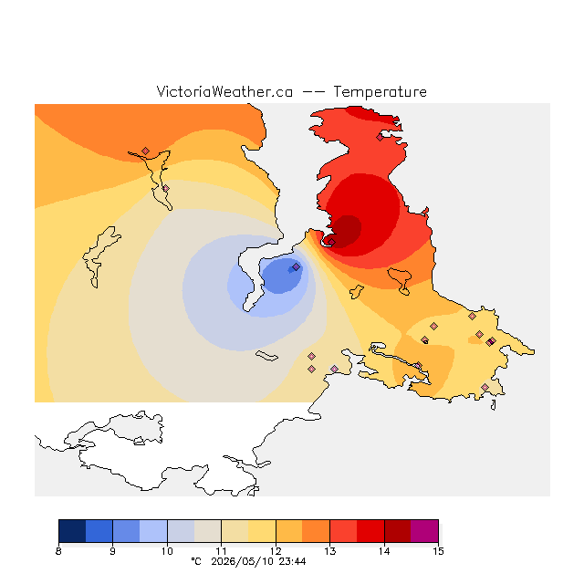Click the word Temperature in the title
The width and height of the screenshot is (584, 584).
(380, 92)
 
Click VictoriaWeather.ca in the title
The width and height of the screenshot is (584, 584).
(224, 92)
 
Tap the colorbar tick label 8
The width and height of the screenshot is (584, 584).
(58, 551)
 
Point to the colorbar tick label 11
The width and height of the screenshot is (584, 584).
(221, 551)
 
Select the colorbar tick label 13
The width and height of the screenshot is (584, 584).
(329, 551)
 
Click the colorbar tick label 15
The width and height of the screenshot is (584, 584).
(438, 551)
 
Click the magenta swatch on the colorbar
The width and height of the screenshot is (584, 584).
(424, 531)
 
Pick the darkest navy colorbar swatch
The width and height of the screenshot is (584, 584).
(72, 531)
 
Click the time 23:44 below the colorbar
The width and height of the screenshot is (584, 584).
(292, 561)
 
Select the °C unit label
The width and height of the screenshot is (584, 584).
(196, 561)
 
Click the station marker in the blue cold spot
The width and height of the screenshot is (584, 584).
(296, 267)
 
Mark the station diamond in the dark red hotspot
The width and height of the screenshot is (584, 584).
(331, 242)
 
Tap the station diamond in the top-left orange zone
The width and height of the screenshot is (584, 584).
(146, 151)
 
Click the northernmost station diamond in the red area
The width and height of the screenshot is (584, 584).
(380, 138)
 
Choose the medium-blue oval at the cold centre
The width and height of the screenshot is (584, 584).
(282, 276)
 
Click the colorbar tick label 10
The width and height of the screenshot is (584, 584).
(167, 551)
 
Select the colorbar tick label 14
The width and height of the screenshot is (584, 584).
(384, 551)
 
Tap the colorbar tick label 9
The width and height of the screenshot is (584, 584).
(112, 551)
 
